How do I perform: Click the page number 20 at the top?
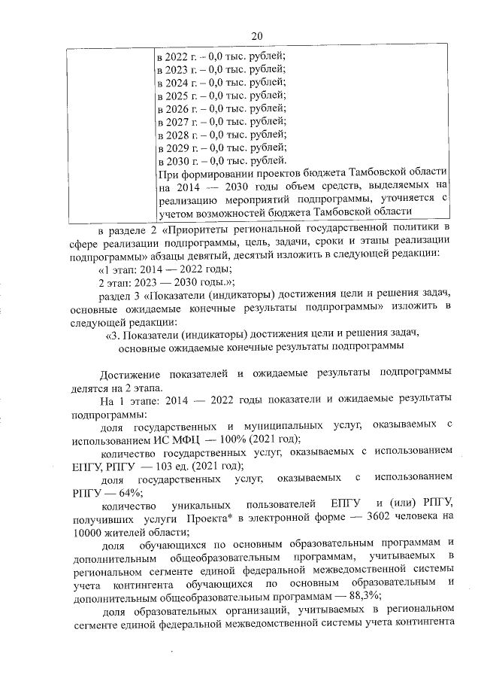tap(256, 35)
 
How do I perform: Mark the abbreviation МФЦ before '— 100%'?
tap(170, 439)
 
